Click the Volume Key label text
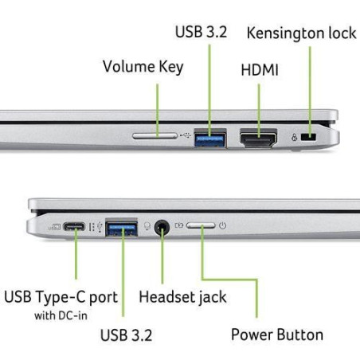(x=143, y=67)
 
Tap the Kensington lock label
(x=301, y=33)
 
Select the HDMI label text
(x=260, y=70)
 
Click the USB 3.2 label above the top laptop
(x=201, y=32)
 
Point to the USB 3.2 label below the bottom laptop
(x=126, y=335)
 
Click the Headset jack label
(x=182, y=297)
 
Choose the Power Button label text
(x=277, y=335)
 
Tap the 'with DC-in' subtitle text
(x=61, y=315)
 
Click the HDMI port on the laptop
(x=258, y=138)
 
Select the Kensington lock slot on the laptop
(x=308, y=137)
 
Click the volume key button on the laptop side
(x=155, y=136)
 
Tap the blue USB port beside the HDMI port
(x=210, y=138)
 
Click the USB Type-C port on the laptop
(x=74, y=227)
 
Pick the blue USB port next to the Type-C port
(x=121, y=227)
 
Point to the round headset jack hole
(x=162, y=227)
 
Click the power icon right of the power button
(x=222, y=225)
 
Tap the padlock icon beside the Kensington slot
(x=294, y=137)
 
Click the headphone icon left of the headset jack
(x=147, y=226)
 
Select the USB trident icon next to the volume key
(x=185, y=135)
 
